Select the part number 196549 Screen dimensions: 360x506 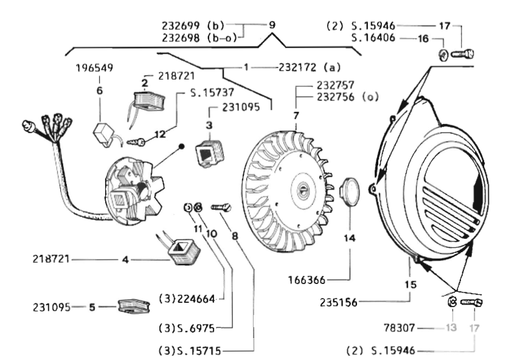pos(94,67)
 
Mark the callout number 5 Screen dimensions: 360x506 pos(92,308)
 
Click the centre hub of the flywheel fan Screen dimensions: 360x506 pos(302,189)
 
